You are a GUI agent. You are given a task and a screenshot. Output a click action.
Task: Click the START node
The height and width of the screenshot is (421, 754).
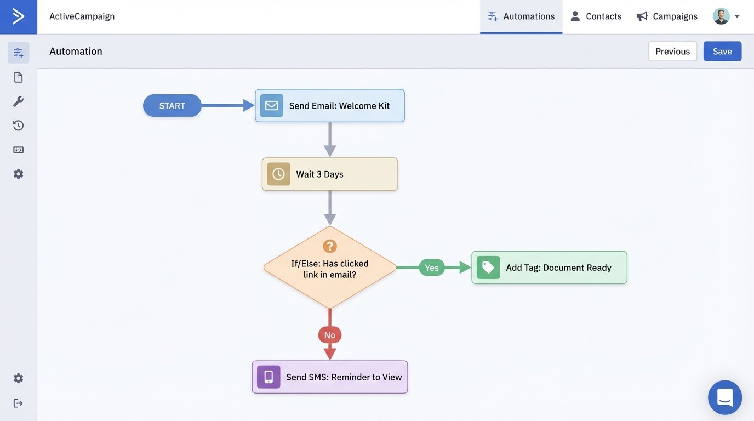tap(172, 106)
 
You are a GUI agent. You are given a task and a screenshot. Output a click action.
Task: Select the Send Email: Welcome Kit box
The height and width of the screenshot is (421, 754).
tap(329, 106)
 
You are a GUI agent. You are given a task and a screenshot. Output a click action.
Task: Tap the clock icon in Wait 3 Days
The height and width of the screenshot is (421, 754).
tap(278, 174)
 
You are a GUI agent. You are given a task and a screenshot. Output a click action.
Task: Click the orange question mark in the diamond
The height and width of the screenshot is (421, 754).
tap(329, 246)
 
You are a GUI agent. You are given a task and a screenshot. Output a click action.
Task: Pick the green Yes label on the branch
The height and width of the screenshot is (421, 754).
tap(431, 268)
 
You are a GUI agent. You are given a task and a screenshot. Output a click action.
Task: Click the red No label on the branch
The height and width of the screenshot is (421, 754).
tap(329, 335)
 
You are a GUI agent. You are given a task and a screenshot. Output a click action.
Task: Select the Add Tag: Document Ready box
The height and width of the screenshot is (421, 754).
tap(549, 268)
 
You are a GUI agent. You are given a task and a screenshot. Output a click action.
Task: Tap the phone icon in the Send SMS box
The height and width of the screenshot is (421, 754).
tap(269, 377)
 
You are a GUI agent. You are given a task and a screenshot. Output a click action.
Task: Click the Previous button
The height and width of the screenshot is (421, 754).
tap(672, 51)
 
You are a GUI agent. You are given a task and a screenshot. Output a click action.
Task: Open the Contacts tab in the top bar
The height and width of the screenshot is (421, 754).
tap(596, 16)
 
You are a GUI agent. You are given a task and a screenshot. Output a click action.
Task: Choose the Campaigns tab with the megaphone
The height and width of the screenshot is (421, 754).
tap(667, 16)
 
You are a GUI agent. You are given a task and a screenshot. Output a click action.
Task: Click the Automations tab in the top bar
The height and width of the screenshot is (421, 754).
tap(521, 16)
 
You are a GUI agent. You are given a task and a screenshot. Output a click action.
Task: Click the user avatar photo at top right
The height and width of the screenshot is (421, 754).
tap(721, 16)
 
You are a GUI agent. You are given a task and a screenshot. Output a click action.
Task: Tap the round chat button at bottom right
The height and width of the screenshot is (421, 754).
tap(724, 397)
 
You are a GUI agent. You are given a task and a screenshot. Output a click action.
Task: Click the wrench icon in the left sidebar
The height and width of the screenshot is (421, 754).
tap(18, 101)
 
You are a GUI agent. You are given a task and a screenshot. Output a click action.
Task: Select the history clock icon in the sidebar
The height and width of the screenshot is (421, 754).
tap(18, 126)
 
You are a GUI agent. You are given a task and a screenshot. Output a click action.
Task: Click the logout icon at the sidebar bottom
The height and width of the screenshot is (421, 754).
tap(18, 403)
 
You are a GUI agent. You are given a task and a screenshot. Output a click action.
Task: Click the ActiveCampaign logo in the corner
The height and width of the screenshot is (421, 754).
tap(18, 16)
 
